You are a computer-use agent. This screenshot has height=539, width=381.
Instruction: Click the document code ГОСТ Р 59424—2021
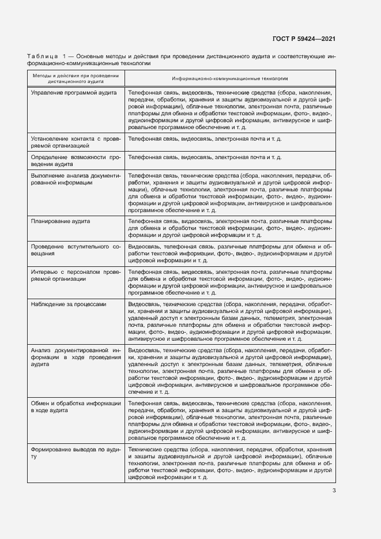(x=304, y=39)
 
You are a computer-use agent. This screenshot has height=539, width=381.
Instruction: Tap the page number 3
(x=334, y=491)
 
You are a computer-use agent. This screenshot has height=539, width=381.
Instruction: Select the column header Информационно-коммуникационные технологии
(x=229, y=78)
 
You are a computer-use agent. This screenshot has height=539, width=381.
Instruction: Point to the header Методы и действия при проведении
(x=76, y=76)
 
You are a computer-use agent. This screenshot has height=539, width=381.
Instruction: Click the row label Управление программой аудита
(x=74, y=93)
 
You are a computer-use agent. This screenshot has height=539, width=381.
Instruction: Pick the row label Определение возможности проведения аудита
(x=76, y=160)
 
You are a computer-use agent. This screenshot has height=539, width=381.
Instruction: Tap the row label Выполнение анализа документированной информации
(x=76, y=178)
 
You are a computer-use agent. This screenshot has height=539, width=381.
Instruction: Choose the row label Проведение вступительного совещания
(x=76, y=250)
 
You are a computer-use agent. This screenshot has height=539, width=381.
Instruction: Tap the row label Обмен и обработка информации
(x=76, y=406)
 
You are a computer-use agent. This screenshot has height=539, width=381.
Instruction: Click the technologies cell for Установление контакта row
(x=205, y=139)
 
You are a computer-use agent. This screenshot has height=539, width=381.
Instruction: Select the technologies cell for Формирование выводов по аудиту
(x=229, y=462)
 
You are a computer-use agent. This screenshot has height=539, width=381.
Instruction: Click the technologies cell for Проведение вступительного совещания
(x=229, y=253)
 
